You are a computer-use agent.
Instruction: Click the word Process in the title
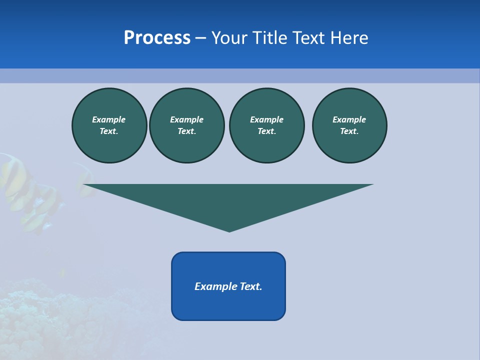pos(157,38)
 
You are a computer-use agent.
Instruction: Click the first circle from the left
pos(109,125)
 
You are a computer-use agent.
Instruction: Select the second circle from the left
pos(187,125)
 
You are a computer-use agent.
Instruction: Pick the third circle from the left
pos(267,125)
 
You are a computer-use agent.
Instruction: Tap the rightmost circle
pos(349,125)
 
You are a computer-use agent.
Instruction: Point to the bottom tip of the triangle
pos(229,230)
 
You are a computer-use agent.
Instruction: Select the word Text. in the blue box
pos(251,286)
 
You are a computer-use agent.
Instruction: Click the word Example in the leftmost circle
pos(109,119)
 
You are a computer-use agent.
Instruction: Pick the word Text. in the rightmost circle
pos(349,131)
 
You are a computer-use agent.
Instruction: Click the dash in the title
pos(200,38)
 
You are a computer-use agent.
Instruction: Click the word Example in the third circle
pos(267,119)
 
